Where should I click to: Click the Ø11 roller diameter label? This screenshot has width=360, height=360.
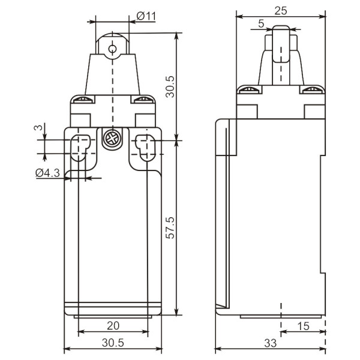pyautogui.click(x=146, y=16)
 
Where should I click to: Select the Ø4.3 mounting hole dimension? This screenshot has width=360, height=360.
pyautogui.click(x=48, y=173)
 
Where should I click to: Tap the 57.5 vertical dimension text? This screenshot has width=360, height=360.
pyautogui.click(x=170, y=227)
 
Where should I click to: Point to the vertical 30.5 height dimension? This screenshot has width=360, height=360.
pyautogui.click(x=170, y=86)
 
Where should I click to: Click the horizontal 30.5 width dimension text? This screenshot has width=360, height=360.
pyautogui.click(x=113, y=343)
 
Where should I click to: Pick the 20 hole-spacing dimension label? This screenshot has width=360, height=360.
pyautogui.click(x=113, y=326)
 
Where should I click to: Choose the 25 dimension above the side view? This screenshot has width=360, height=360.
pyautogui.click(x=281, y=11)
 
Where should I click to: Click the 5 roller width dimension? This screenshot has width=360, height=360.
pyautogui.click(x=261, y=23)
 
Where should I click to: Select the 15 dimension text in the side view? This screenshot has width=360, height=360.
pyautogui.click(x=303, y=326)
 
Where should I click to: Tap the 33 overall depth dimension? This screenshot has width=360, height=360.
pyautogui.click(x=271, y=343)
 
